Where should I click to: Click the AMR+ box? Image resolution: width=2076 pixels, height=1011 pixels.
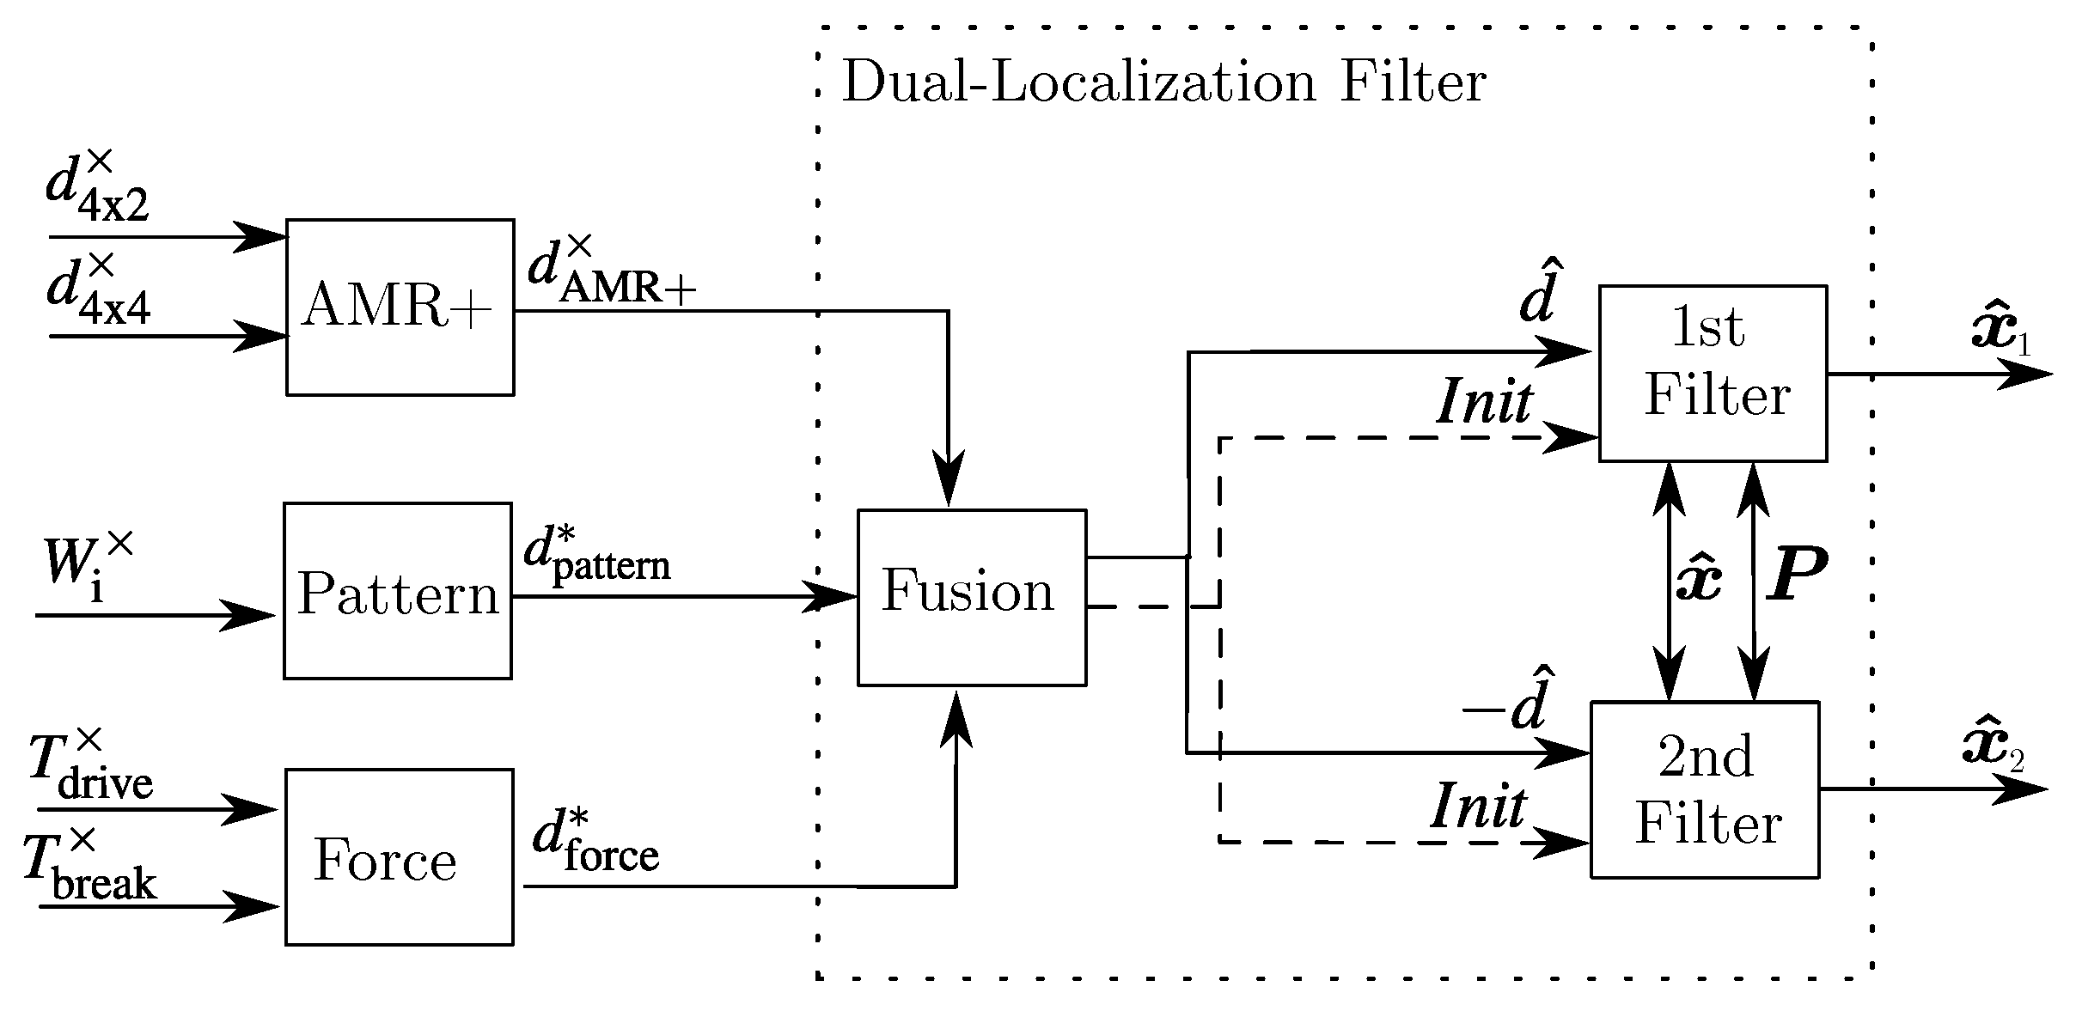400,308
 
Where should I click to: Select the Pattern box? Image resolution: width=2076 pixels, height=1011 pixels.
398,591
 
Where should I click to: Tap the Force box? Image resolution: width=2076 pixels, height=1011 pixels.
399,857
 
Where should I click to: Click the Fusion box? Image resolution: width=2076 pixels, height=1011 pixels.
971,598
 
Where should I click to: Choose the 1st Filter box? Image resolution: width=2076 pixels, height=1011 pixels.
1712,373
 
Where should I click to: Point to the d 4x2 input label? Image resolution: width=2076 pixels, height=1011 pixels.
96,188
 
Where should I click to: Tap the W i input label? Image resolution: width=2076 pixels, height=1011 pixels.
86,567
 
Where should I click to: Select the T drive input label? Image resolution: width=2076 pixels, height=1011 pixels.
89,767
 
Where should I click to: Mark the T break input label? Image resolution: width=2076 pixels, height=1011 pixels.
89,868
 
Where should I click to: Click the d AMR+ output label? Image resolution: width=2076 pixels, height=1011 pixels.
610,273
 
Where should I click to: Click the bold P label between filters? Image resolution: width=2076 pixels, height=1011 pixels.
1797,573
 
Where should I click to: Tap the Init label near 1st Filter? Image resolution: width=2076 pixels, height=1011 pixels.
1484,402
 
